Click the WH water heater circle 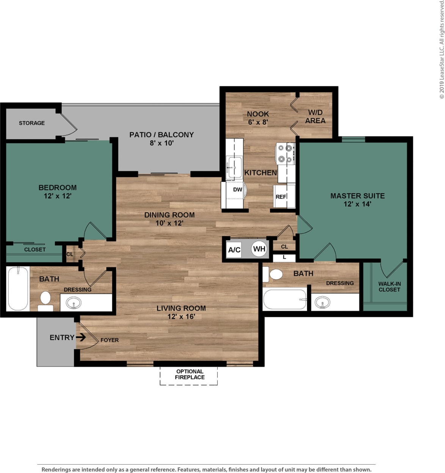[x=259, y=249]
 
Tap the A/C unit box [x=234, y=250]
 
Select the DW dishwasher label [x=238, y=190]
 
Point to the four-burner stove [x=285, y=153]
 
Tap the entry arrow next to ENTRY [x=81, y=337]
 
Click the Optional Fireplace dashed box [x=189, y=375]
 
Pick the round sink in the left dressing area [x=73, y=303]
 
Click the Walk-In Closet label [x=389, y=287]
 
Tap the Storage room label [x=32, y=123]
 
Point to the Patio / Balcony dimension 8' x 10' [x=161, y=143]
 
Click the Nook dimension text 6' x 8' [x=258, y=122]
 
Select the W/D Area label [x=315, y=117]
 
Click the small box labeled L [x=284, y=257]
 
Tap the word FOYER [x=110, y=340]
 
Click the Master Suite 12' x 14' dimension [x=357, y=204]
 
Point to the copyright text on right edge [x=442, y=49]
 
